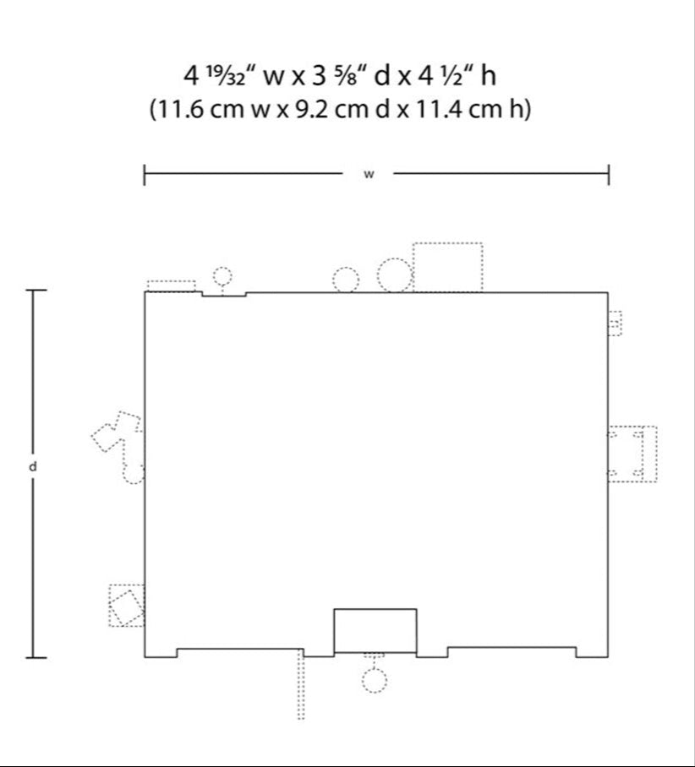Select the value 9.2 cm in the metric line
[x=331, y=109]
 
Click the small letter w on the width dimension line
[x=369, y=174]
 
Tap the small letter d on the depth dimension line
[x=33, y=466]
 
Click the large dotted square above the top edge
[x=447, y=267]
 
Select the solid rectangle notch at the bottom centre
[x=375, y=630]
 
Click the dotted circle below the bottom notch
[x=375, y=681]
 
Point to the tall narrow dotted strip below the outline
[x=301, y=684]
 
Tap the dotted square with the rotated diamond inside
[x=126, y=606]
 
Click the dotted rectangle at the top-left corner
[x=172, y=286]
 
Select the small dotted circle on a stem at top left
[x=222, y=276]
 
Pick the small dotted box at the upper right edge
[x=615, y=324]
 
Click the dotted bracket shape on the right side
[x=632, y=454]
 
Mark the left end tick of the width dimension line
[x=144, y=175]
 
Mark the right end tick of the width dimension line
[x=609, y=175]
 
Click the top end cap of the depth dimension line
[x=36, y=290]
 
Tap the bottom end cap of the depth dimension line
[x=36, y=658]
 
